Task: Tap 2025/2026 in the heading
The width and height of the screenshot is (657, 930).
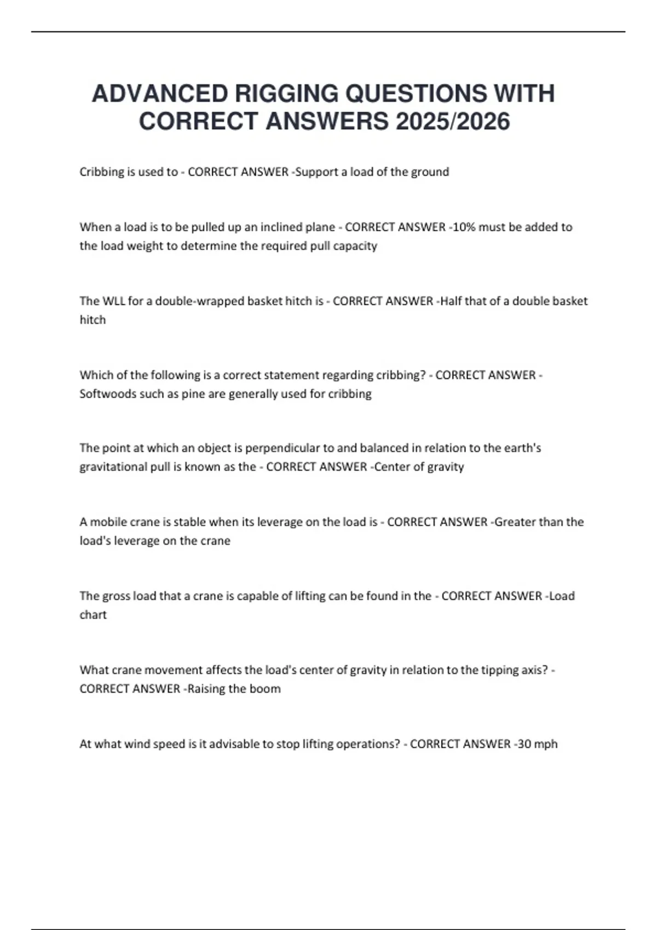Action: click(453, 121)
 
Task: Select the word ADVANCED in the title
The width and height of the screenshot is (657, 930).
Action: click(159, 94)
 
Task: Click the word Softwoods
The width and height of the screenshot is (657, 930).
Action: click(107, 394)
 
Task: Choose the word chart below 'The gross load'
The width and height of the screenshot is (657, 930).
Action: click(93, 615)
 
